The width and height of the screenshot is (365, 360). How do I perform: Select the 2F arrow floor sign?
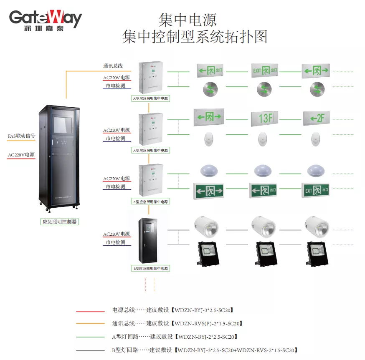click(317, 118)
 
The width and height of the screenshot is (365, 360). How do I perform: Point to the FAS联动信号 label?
click(21, 136)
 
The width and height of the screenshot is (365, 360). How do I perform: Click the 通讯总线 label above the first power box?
click(113, 66)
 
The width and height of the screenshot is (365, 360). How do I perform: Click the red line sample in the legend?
click(90, 311)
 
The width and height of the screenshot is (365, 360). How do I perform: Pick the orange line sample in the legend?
click(90, 324)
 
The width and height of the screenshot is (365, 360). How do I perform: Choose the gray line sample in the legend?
click(90, 350)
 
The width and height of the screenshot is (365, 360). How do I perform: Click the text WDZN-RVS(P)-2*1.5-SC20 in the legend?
click(208, 324)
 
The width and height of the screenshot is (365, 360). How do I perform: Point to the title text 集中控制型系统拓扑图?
click(195, 37)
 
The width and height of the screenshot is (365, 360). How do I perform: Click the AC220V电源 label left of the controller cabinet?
click(21, 155)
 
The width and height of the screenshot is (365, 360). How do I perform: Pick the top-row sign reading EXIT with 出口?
click(265, 70)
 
